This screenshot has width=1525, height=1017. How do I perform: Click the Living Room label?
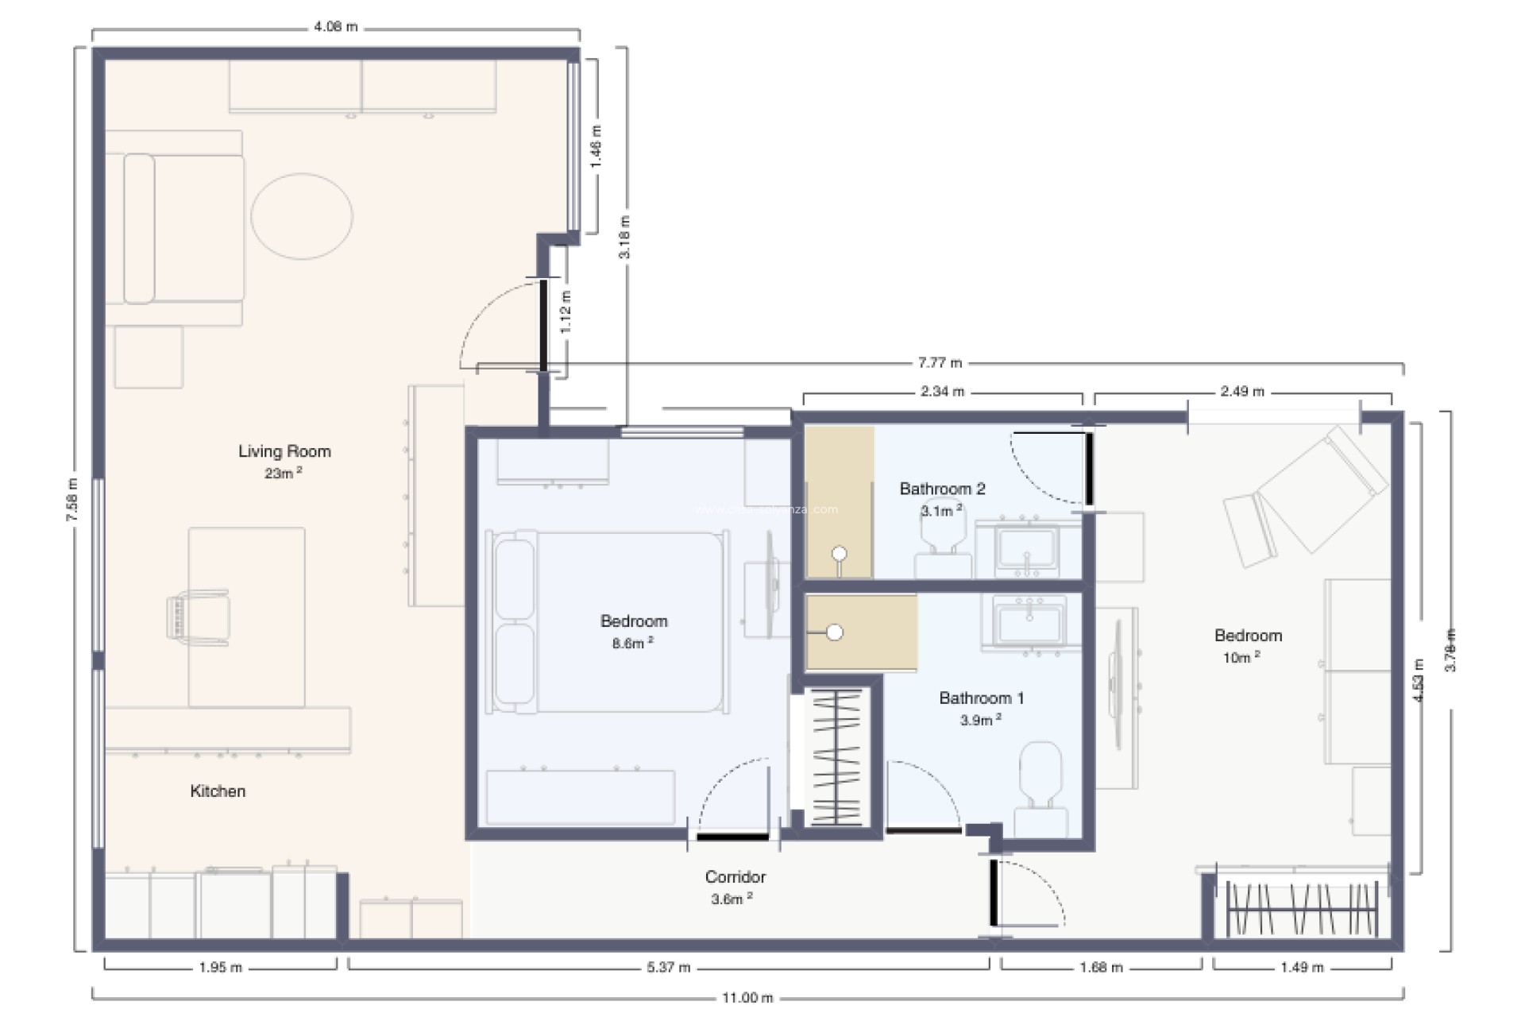click(x=284, y=451)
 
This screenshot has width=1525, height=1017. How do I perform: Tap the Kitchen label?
click(x=218, y=791)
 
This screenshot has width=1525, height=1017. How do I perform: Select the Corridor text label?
click(x=735, y=877)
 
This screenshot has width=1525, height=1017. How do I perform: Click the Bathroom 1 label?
click(x=981, y=698)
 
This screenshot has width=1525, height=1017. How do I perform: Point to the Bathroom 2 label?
click(x=942, y=489)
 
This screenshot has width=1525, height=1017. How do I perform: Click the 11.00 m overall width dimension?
click(x=747, y=998)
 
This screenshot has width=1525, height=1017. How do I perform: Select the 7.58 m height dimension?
click(x=72, y=500)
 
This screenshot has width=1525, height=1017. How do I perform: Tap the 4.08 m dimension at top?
click(x=335, y=27)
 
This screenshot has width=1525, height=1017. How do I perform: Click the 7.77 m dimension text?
click(x=940, y=363)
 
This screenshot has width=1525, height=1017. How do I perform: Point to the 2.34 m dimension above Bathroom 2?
click(x=942, y=392)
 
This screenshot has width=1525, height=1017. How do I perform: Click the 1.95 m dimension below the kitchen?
click(x=220, y=968)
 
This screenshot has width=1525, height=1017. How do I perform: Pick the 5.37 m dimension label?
click(x=668, y=968)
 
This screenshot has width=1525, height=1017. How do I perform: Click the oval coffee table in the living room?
click(x=302, y=216)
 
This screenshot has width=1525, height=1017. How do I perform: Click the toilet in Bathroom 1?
click(x=1040, y=783)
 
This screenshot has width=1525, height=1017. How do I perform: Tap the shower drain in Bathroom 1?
click(x=834, y=633)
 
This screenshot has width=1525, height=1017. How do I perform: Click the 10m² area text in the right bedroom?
click(x=1241, y=658)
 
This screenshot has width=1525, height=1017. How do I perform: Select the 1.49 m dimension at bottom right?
click(x=1302, y=968)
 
